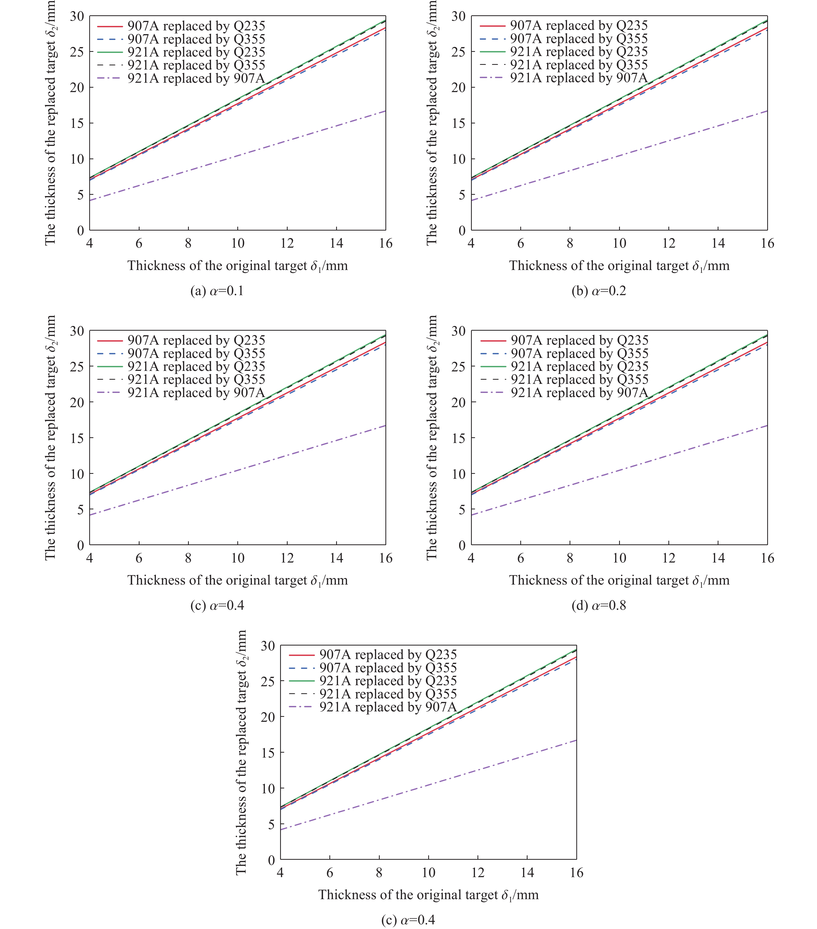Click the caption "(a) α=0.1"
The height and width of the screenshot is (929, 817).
tap(217, 291)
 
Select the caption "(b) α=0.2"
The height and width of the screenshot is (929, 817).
tap(599, 291)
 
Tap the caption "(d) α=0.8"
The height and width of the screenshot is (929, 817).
tap(599, 605)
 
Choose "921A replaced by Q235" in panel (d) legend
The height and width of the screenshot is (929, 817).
tap(579, 366)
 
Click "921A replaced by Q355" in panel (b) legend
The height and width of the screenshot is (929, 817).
tap(579, 65)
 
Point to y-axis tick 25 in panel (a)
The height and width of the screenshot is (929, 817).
tap(77, 52)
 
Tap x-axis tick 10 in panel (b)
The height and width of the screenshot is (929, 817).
tap(619, 244)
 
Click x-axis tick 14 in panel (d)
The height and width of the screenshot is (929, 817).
tap(718, 558)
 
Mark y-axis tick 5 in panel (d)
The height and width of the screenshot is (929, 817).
tap(462, 509)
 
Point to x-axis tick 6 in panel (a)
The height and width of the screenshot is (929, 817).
tap(139, 244)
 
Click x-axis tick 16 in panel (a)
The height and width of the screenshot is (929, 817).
tap(385, 244)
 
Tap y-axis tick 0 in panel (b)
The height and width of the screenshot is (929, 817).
tap(462, 230)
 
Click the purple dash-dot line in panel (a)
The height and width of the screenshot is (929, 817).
tap(237, 156)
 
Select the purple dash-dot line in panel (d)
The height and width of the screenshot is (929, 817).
tap(619, 470)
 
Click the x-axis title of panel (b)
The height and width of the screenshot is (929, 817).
tap(619, 266)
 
